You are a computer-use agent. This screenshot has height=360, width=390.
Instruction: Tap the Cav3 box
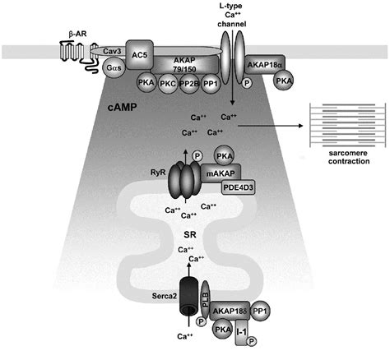point(113,51)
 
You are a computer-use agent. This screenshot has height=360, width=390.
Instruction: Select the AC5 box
point(144,51)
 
